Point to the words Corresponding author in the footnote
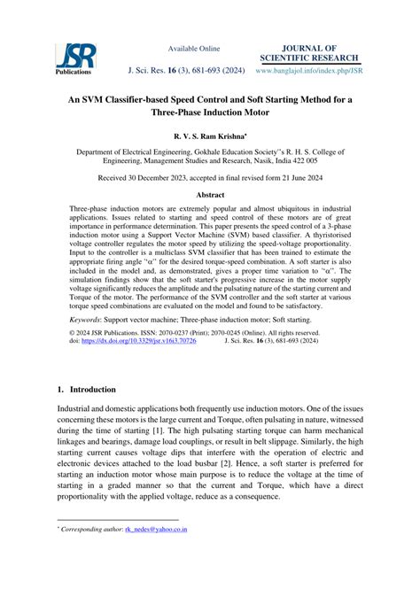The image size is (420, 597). point(91,530)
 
